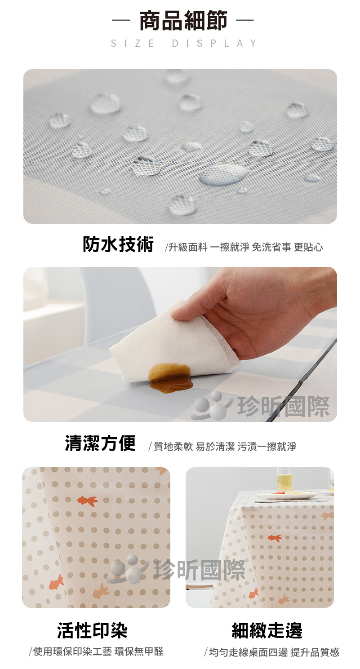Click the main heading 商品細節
click(x=183, y=21)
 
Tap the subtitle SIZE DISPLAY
click(x=183, y=43)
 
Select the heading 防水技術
click(x=118, y=244)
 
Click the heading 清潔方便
click(x=100, y=443)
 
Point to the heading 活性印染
click(x=92, y=631)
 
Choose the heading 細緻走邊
click(x=267, y=631)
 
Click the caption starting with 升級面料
click(x=244, y=247)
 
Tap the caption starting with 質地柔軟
click(x=222, y=446)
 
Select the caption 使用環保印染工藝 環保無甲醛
click(x=96, y=651)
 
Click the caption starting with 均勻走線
click(x=272, y=652)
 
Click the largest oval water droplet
click(x=224, y=175)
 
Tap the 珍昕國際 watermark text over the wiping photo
click(x=283, y=407)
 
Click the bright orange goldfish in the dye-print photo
click(x=88, y=501)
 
